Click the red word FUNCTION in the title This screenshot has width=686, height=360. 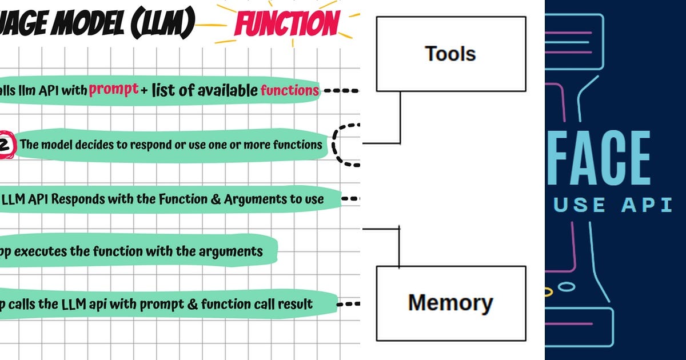point(286,23)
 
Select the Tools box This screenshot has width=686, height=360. point(450,54)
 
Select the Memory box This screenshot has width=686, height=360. point(450,302)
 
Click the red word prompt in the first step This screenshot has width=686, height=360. point(114,89)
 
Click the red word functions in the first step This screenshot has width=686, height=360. point(289,90)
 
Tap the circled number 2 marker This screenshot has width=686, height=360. point(5,145)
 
